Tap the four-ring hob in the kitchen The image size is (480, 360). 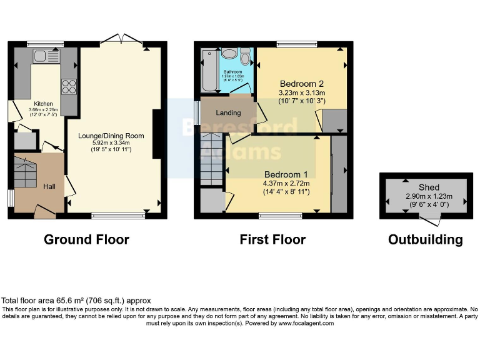point(69,86)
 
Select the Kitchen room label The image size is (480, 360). point(43,104)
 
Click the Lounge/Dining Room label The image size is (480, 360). point(111,136)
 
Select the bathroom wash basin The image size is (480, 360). point(228,54)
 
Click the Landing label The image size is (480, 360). point(228,112)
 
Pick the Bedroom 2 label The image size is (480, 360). point(301,84)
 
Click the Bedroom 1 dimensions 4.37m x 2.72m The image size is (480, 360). point(287,183)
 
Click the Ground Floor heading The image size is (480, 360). point(86,239)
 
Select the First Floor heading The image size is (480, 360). point(272,239)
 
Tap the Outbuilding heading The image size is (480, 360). point(425,239)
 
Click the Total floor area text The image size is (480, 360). point(76,301)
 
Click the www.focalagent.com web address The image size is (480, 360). point(306,323)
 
